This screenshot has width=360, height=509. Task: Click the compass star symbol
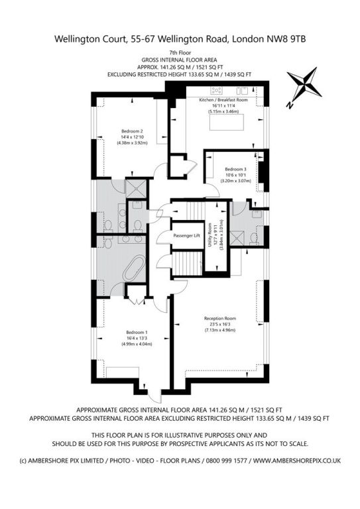point(304,85)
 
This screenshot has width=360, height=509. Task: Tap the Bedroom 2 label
point(132,131)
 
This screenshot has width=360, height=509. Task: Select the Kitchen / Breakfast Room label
point(223,100)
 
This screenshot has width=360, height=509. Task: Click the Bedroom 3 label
point(235,170)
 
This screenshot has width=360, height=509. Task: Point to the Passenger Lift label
point(187,236)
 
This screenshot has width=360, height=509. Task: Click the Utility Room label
point(210,235)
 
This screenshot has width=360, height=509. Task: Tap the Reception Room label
point(220,318)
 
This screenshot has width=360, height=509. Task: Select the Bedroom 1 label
point(137,333)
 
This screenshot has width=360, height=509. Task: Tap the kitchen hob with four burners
point(216,90)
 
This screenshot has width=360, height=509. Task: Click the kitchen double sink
point(242,90)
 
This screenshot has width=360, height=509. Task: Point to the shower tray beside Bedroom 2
point(136,189)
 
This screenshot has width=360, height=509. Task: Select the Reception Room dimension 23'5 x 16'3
point(219,324)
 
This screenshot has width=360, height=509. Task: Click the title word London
point(248,39)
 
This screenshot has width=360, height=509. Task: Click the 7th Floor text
point(180,52)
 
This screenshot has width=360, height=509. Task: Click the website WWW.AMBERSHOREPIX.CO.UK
point(297,461)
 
